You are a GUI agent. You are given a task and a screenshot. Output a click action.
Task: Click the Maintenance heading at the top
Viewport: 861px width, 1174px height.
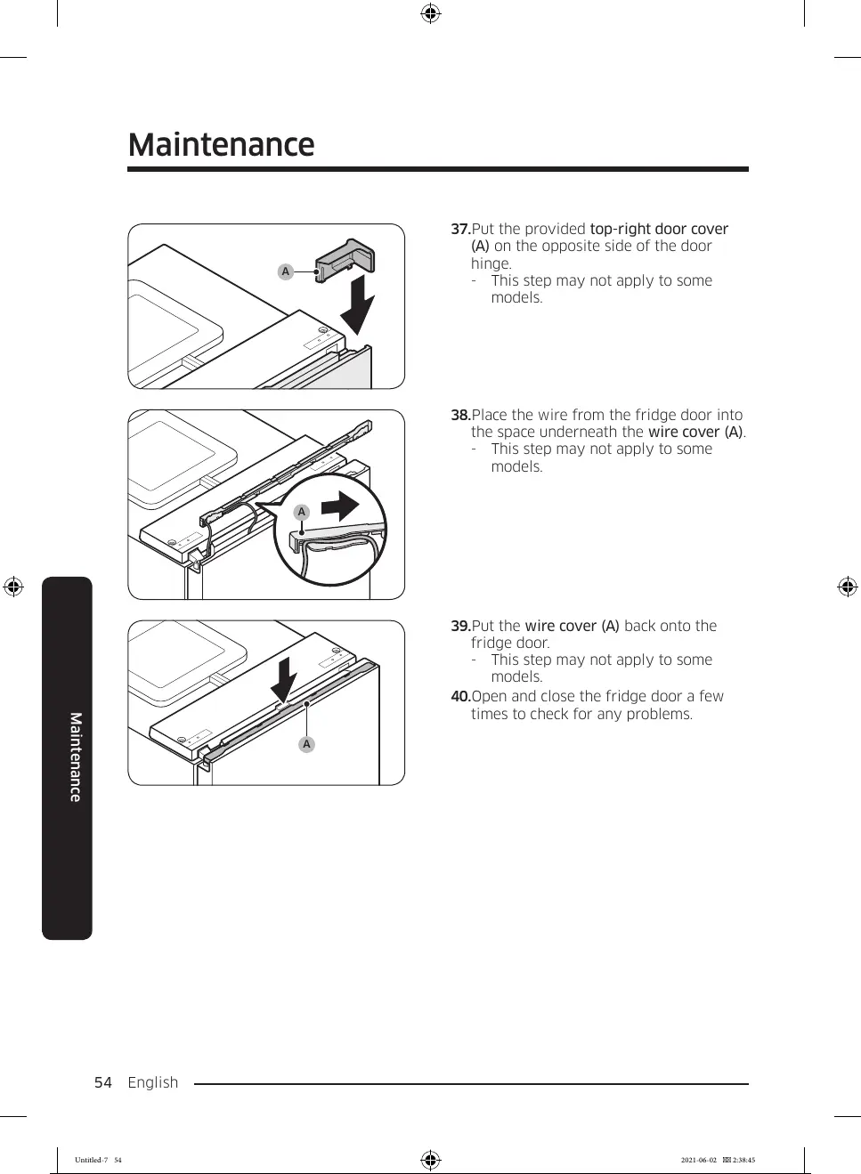pyautogui.click(x=221, y=145)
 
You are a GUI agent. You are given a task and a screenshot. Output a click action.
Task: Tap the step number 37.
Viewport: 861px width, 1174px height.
pyautogui.click(x=459, y=230)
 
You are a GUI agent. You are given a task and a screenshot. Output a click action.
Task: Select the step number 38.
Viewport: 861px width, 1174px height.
pyautogui.click(x=459, y=416)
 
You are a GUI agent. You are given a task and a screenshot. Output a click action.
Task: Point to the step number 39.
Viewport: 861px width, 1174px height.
pyautogui.click(x=459, y=627)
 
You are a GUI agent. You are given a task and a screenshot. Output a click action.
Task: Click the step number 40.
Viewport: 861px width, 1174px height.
pyautogui.click(x=459, y=697)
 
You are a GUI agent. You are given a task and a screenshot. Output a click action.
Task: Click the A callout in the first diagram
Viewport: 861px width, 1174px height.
pyautogui.click(x=285, y=272)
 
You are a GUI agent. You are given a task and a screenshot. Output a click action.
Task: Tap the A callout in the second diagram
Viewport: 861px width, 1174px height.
pyautogui.click(x=302, y=512)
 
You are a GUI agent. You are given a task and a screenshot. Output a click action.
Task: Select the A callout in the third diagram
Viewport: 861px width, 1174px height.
pyautogui.click(x=306, y=744)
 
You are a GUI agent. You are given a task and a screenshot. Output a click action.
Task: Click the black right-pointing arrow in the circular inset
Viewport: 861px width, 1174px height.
pyautogui.click(x=339, y=507)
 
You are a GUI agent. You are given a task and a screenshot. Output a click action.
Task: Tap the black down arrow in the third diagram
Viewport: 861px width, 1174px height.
pyautogui.click(x=284, y=679)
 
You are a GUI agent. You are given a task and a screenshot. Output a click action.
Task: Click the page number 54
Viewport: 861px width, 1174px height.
pyautogui.click(x=103, y=1082)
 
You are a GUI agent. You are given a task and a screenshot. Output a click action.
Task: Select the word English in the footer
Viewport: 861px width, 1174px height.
pyautogui.click(x=153, y=1082)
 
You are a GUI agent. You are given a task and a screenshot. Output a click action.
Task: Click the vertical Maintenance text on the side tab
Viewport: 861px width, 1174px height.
pyautogui.click(x=76, y=757)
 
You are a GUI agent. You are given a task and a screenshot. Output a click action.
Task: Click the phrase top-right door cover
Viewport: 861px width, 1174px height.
pyautogui.click(x=658, y=230)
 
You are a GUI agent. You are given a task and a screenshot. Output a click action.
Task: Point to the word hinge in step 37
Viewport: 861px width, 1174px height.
pyautogui.click(x=490, y=264)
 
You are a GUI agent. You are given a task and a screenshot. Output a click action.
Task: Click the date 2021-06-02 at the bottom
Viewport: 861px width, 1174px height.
pyautogui.click(x=698, y=1160)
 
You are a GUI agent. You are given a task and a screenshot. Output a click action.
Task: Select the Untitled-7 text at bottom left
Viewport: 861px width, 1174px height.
pyautogui.click(x=91, y=1160)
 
